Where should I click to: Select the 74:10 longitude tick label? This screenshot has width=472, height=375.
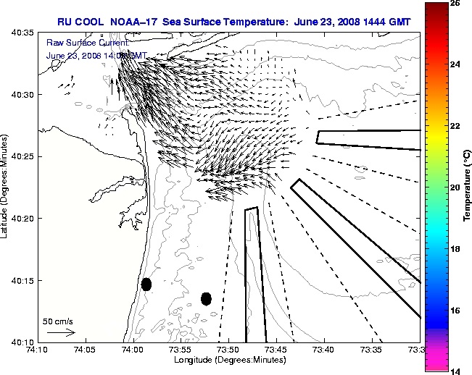coord(38,350)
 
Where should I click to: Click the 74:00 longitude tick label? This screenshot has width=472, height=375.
coord(133,350)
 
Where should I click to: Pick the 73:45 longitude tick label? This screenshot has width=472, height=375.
coord(276,350)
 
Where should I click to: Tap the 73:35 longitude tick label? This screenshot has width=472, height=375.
coord(371,350)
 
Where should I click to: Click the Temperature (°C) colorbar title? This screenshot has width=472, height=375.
coord(468,187)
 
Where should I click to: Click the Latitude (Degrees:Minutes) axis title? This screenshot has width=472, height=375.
coord(5,187)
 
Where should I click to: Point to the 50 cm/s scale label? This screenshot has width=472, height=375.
coord(57,321)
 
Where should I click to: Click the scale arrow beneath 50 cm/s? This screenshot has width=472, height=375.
coord(61,332)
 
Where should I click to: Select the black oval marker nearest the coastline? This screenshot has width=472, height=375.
coord(146,284)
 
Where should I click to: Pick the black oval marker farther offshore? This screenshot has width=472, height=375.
coord(206,298)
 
